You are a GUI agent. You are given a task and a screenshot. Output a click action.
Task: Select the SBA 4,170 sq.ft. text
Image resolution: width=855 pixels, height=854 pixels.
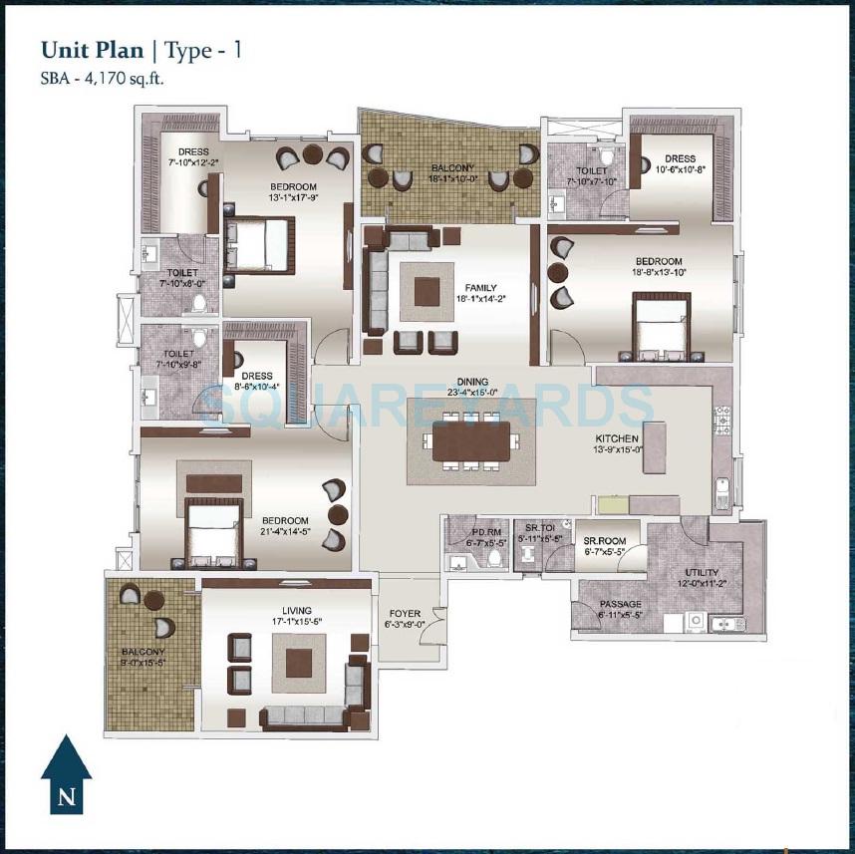[x=101, y=80]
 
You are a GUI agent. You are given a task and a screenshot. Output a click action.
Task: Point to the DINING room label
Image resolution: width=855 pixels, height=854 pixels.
[x=472, y=381]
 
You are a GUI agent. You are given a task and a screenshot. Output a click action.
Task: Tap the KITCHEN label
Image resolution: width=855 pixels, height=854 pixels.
[x=616, y=438]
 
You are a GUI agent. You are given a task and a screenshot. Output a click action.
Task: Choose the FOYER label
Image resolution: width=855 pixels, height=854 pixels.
[x=404, y=613]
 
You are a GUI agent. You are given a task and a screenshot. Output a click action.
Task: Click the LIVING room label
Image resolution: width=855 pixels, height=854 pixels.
[x=296, y=610]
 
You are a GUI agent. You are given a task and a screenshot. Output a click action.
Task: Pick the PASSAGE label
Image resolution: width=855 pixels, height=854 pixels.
[x=621, y=604]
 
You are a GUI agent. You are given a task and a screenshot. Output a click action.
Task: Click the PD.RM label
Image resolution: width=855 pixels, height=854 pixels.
[x=485, y=532]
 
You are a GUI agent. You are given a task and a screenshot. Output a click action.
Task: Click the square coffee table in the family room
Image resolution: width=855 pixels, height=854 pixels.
[x=427, y=291]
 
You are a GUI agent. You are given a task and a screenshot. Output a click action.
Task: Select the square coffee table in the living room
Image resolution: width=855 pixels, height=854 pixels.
[x=300, y=663]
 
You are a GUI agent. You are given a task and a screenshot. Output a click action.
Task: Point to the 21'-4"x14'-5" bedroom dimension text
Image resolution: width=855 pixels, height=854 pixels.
[x=285, y=532]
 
